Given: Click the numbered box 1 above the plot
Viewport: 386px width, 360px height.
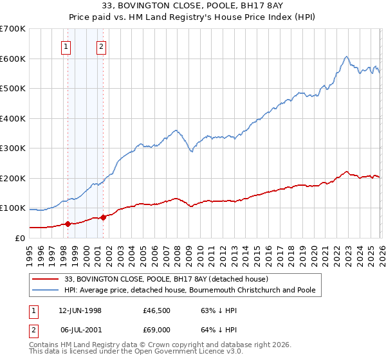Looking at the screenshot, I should point(67,46).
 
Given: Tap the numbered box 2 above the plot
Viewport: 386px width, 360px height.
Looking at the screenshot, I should point(102,46).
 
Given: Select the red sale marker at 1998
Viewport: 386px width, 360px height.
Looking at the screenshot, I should point(68,224).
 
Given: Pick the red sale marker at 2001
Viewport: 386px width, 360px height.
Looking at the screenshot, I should point(103,218).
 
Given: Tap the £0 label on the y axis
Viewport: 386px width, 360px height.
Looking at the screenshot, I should point(21,238).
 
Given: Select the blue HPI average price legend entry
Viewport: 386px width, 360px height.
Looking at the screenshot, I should point(189,291).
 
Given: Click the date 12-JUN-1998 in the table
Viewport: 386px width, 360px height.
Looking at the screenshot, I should point(80,310).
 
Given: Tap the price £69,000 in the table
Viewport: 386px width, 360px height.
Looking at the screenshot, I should point(158,330).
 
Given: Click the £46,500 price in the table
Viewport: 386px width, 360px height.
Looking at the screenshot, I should point(158,310).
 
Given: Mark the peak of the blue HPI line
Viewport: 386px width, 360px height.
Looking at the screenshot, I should point(346,57).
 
